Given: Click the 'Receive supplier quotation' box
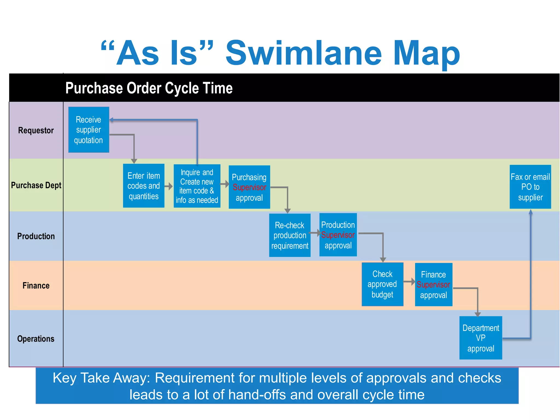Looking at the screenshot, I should [x=89, y=130].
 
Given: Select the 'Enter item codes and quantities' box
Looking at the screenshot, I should [x=144, y=186].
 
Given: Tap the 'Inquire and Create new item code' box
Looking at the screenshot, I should [x=197, y=186].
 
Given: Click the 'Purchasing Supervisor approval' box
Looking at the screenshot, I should [x=249, y=187].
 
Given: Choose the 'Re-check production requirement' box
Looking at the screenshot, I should [x=290, y=235].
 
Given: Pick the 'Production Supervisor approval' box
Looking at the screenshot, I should [x=338, y=235].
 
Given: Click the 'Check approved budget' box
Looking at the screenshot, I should [x=382, y=284].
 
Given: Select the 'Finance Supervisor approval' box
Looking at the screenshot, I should [x=433, y=285].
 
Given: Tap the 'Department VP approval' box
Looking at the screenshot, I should [x=481, y=338].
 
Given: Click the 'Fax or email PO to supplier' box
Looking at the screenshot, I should [x=530, y=187].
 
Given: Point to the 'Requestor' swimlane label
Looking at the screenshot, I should [x=36, y=130].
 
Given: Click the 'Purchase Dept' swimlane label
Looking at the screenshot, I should [x=36, y=185].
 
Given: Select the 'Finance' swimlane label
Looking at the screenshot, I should [x=36, y=285].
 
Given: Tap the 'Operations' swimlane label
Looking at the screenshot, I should [x=36, y=339].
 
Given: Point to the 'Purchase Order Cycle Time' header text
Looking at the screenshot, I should [x=149, y=88].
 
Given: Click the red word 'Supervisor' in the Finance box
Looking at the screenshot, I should [x=433, y=285].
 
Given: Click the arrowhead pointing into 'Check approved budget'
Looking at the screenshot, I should [x=383, y=259].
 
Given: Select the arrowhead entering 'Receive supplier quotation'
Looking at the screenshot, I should [x=112, y=120].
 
